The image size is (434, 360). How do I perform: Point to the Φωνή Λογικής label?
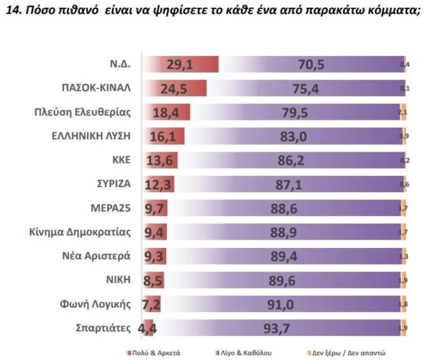coord(95,305)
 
